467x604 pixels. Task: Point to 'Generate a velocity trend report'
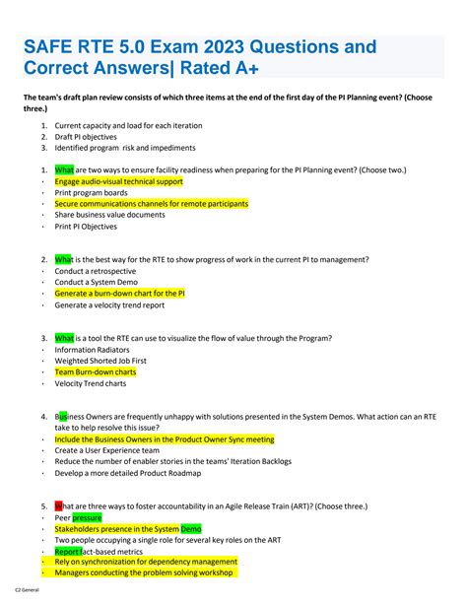pyautogui.click(x=109, y=304)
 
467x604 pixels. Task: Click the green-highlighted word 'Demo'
pyautogui.click(x=190, y=529)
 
